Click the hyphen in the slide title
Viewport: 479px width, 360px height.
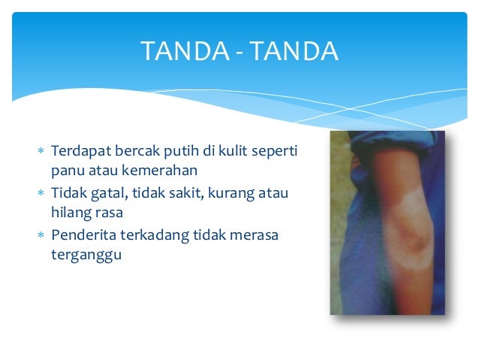[x=239, y=52]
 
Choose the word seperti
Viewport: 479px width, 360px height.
[x=275, y=153]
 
